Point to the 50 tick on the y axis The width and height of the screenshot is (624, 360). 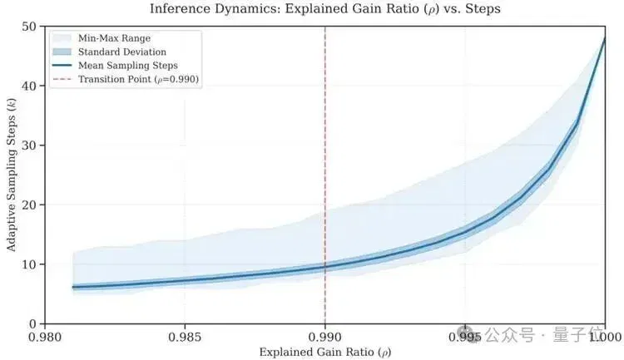click(28, 27)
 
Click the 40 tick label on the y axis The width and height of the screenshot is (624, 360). click(28, 86)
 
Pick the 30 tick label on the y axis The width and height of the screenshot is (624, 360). click(28, 145)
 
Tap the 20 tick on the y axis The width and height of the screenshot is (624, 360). click(28, 205)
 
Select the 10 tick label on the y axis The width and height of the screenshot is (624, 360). click(28, 264)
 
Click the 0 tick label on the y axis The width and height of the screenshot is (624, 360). click(32, 324)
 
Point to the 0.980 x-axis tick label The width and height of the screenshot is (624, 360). click(45, 338)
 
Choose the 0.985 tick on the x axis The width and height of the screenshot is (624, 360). click(185, 338)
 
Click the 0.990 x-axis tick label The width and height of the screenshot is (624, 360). click(325, 338)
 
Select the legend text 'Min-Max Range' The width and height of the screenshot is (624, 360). click(114, 38)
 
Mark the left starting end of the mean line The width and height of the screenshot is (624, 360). click(73, 287)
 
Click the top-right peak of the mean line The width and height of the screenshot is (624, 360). click(605, 38)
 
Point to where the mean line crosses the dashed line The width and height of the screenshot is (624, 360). click(325, 267)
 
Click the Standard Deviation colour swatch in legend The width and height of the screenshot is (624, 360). click(62, 52)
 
